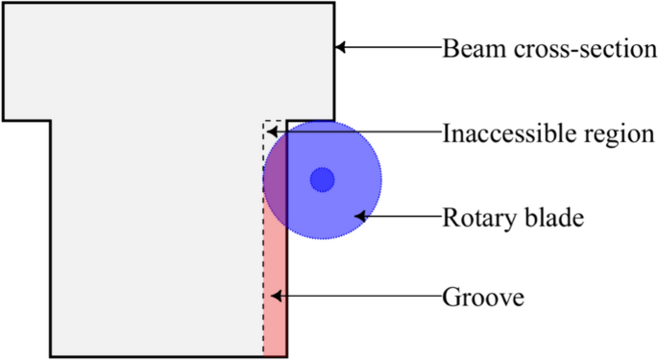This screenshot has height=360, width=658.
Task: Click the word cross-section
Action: (585, 48)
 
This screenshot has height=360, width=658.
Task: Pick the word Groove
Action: (482, 297)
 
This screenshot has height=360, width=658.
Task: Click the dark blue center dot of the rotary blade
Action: (322, 180)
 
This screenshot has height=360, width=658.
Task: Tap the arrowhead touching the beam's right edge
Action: (341, 47)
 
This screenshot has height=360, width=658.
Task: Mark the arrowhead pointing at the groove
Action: (275, 297)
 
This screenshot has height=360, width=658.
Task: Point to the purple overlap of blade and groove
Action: (275, 178)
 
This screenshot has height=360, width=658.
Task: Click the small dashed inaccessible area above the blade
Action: (273, 129)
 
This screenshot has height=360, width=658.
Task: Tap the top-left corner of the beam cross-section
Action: (4, 4)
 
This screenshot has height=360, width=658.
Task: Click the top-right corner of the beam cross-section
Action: (333, 4)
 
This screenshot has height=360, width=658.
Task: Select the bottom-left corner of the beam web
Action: (51, 356)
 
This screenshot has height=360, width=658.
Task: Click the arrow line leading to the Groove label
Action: (355, 297)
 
